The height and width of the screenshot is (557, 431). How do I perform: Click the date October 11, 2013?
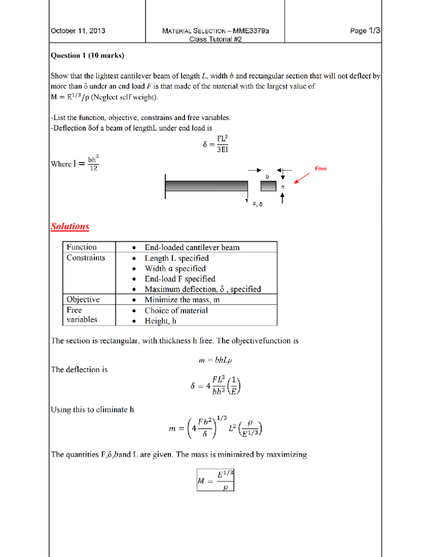(x=78, y=31)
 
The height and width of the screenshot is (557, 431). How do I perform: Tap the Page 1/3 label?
(x=365, y=31)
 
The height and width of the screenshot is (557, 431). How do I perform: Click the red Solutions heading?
(x=70, y=226)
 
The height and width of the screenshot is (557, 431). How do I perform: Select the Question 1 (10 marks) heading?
(x=87, y=55)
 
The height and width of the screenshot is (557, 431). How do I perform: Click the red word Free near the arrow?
(x=320, y=169)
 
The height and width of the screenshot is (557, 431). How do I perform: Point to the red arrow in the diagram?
(x=302, y=178)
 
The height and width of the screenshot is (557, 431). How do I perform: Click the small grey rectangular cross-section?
(x=268, y=186)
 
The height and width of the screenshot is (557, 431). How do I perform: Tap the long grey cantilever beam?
(x=207, y=186)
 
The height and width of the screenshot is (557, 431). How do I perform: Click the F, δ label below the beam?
(x=257, y=204)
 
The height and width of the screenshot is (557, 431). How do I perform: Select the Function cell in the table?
(x=82, y=247)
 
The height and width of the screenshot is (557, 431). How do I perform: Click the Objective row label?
(x=83, y=299)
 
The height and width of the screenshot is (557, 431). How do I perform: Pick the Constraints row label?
(x=86, y=258)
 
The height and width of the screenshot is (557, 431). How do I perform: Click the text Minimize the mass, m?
(x=182, y=300)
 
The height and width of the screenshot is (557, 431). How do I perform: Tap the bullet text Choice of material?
(x=176, y=311)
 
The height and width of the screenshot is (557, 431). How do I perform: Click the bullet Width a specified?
(x=175, y=269)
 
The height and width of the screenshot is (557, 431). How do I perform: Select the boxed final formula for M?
(x=215, y=480)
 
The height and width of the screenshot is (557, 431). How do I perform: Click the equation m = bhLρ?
(x=215, y=360)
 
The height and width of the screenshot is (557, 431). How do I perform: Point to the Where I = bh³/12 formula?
(x=75, y=164)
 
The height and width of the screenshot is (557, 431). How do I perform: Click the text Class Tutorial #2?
(x=215, y=39)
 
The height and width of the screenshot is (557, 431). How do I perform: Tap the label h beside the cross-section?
(x=283, y=187)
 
